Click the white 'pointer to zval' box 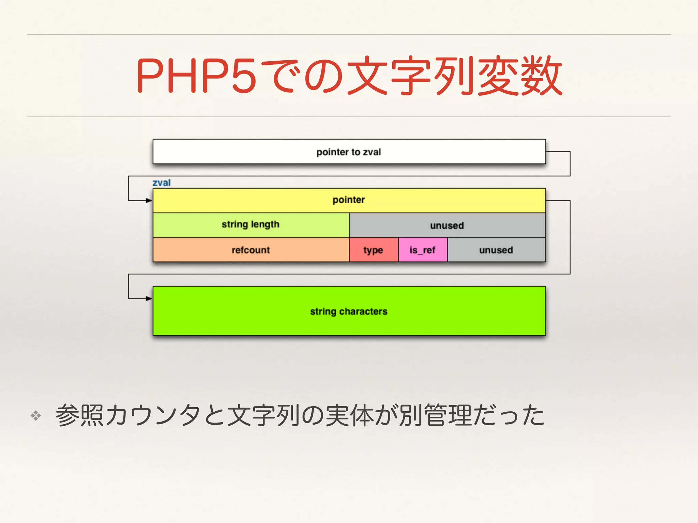349,152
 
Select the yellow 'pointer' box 349,200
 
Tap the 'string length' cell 251,225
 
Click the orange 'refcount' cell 251,250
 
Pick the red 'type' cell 374,250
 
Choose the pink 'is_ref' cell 423,250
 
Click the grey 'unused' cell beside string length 447,225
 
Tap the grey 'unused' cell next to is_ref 496,250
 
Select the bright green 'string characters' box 349,311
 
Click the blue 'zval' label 162,183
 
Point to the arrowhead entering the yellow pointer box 149,201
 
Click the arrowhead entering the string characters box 149,299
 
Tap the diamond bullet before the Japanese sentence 36,415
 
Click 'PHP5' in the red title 196,76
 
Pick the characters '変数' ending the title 520,76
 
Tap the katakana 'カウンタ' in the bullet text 153,415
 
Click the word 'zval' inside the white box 371,152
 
